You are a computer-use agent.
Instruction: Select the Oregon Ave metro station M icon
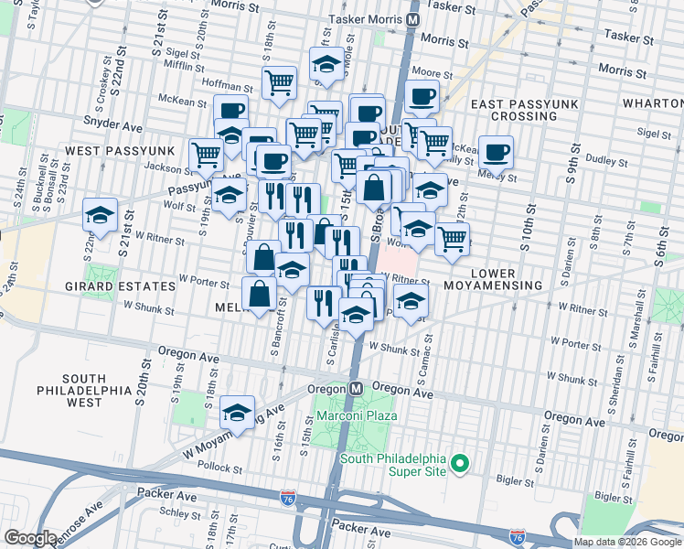pyautogui.click(x=357, y=388)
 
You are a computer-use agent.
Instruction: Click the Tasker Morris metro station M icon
pyautogui.click(x=413, y=18)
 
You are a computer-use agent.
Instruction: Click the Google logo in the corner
pyautogui.click(x=30, y=538)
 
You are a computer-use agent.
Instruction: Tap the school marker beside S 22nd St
pyautogui.click(x=100, y=216)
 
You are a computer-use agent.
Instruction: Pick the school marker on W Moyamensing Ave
pyautogui.click(x=237, y=413)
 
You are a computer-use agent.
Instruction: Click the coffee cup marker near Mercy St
pyautogui.click(x=496, y=152)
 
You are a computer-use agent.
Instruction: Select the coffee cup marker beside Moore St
pyautogui.click(x=422, y=96)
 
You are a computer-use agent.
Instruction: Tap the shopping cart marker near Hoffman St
pyautogui.click(x=279, y=82)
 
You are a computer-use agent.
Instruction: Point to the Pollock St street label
pyautogui.click(x=218, y=465)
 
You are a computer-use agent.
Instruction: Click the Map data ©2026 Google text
pyautogui.click(x=627, y=542)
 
